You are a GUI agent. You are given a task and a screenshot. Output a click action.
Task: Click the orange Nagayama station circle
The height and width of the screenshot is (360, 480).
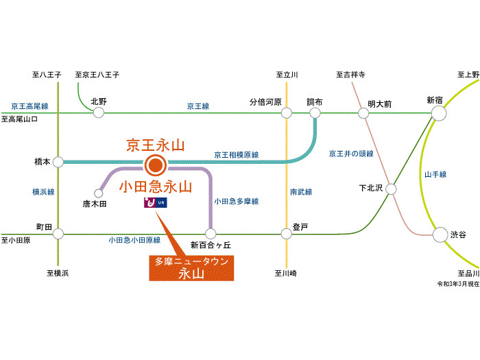coord(156,164)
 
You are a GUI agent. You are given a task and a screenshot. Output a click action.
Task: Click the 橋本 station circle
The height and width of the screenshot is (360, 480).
coord(58,163)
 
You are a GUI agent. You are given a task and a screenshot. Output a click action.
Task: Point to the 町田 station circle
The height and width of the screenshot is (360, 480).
coord(58,234)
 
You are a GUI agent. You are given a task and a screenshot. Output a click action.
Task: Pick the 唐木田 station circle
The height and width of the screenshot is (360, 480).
coord(98,193)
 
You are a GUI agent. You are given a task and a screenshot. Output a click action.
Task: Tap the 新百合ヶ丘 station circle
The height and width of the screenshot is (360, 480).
coord(211,234)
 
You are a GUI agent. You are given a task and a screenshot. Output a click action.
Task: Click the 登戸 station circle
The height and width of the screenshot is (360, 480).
coord(287,234)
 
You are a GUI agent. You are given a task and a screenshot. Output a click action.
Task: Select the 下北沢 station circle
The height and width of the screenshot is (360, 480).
coord(391,188)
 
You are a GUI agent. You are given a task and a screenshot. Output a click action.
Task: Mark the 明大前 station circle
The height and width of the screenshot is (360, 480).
coord(363,113)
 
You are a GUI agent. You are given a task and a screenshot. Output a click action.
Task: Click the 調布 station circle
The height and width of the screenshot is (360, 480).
coord(315,112)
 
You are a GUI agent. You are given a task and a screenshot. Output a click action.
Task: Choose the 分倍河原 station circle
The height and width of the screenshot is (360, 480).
coord(286,112)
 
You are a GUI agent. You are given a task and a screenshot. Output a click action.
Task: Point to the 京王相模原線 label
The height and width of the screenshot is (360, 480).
coord(236,155)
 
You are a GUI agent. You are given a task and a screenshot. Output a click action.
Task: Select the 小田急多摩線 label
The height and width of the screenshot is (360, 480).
coord(236,202)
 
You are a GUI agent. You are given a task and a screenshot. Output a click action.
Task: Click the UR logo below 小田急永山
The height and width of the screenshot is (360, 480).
coord(155,204)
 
